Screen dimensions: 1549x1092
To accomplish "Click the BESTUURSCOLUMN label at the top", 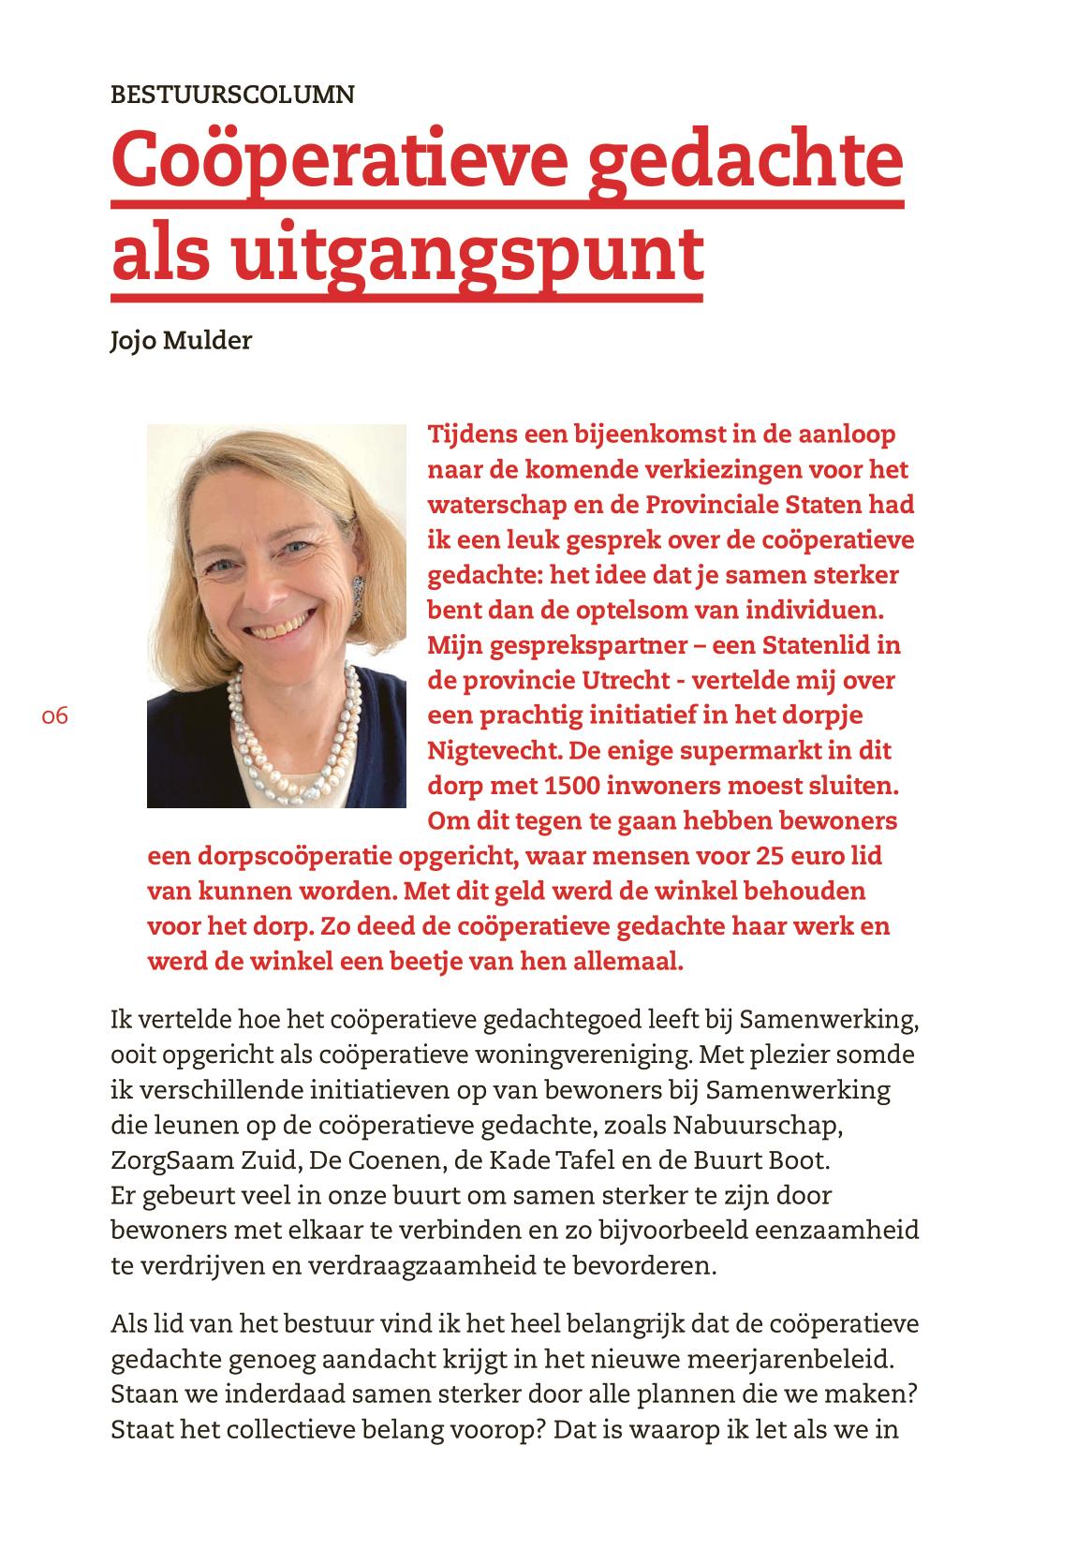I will (x=232, y=95).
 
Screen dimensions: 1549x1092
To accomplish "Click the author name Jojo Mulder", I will (x=181, y=340).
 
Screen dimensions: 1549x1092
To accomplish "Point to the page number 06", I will (x=55, y=716).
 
